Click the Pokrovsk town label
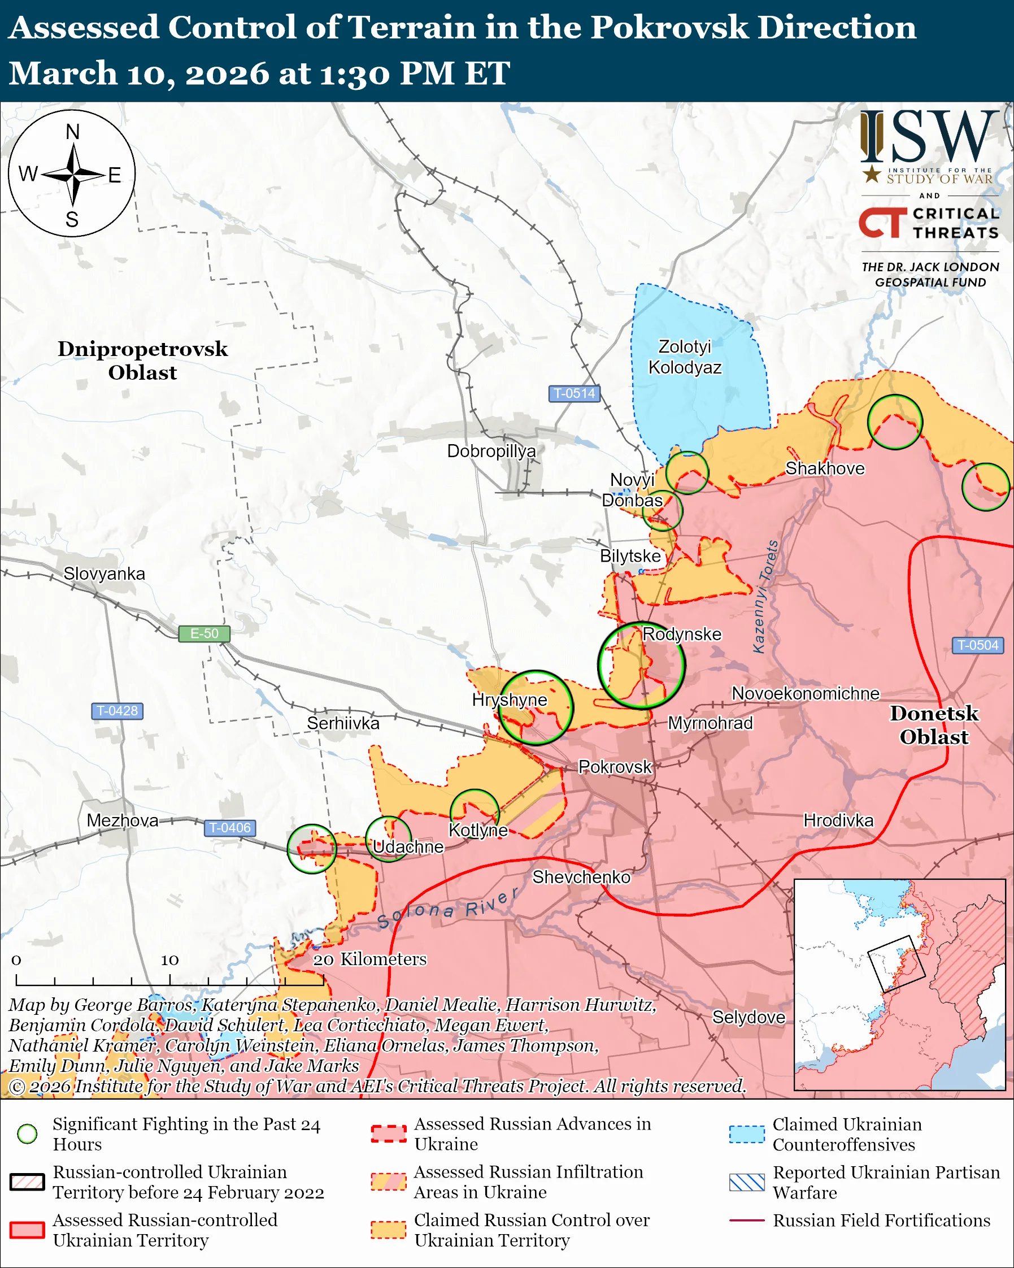pos(615,767)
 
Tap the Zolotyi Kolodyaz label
pos(685,357)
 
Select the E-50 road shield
pos(204,633)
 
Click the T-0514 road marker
pos(575,393)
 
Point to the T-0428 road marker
pos(117,710)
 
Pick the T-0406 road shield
pos(230,827)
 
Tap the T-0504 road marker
pos(977,645)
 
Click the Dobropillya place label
pos(491,451)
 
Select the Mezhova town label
pos(122,820)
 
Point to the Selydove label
pos(748,1017)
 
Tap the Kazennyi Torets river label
pos(766,596)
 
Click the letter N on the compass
pos(72,132)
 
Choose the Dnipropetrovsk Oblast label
pos(142,361)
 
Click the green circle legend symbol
pos(28,1134)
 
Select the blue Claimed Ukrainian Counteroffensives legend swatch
pos(747,1134)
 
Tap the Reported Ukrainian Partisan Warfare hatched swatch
pos(747,1182)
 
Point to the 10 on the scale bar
pos(169,960)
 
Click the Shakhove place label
pos(825,469)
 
